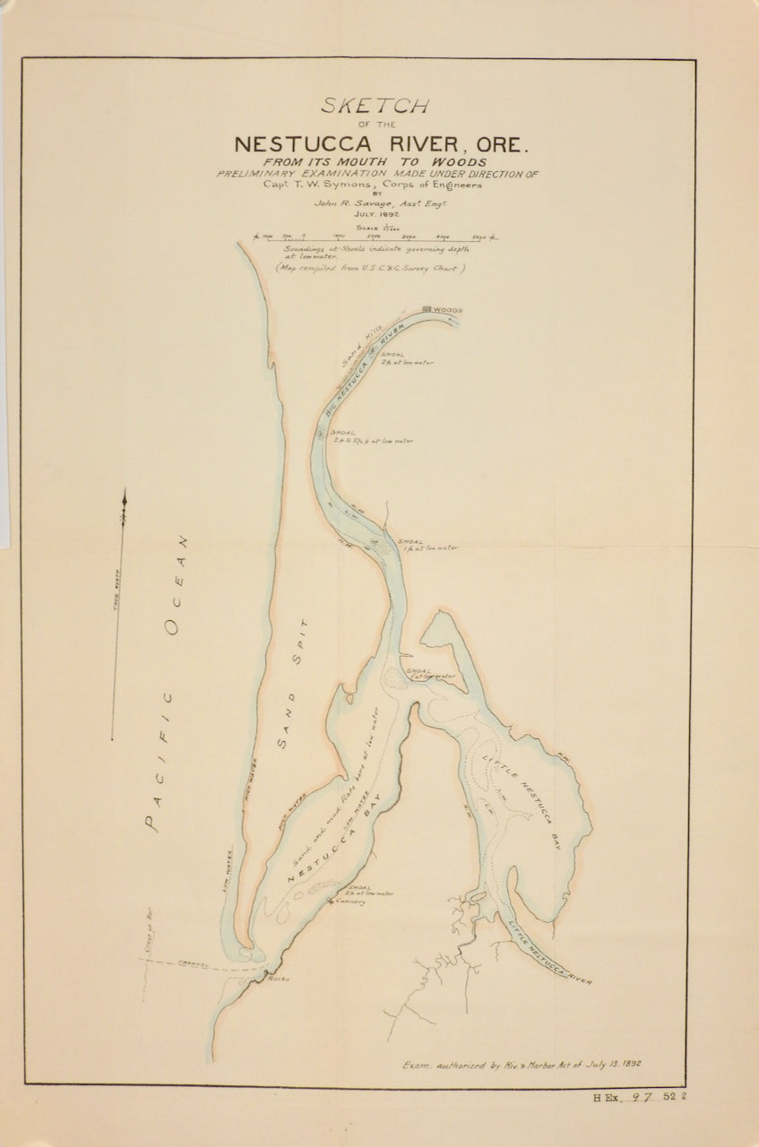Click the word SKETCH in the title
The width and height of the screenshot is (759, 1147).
375,106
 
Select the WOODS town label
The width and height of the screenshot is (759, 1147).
448,310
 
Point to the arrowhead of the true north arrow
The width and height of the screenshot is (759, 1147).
124,496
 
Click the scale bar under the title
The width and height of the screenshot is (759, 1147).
375,237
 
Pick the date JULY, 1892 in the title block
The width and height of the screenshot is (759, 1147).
376,215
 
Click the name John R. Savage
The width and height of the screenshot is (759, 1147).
344,203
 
